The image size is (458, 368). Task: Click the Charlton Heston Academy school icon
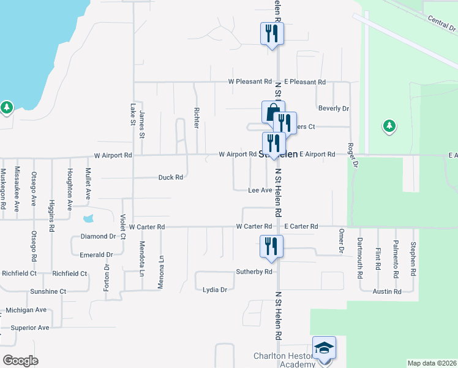coord(324,348)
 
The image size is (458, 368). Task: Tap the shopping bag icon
coord(272,112)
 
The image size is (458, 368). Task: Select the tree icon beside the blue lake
coord(7,108)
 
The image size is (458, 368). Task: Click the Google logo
coord(20,361)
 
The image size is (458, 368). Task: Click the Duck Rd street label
coord(171,178)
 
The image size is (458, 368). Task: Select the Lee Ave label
coord(260,191)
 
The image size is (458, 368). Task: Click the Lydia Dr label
coord(215,289)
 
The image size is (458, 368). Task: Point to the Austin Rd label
coord(387,292)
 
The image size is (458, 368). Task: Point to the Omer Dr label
coord(341,240)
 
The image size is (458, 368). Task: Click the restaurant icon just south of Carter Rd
coord(269,247)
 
